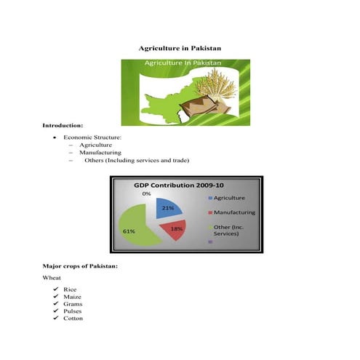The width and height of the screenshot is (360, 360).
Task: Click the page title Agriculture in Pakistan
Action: pyautogui.click(x=180, y=47)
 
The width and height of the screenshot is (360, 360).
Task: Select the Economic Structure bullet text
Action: pyautogui.click(x=92, y=137)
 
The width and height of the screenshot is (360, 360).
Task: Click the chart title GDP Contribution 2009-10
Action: pyautogui.click(x=179, y=185)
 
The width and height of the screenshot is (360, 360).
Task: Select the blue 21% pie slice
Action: pyautogui.click(x=167, y=209)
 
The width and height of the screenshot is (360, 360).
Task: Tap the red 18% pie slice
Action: pyautogui.click(x=175, y=228)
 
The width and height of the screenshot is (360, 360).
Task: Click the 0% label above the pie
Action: pyautogui.click(x=146, y=194)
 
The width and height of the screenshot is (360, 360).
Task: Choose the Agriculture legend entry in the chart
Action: pyautogui.click(x=229, y=198)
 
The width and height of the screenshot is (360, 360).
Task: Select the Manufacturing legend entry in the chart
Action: pyautogui.click(x=233, y=212)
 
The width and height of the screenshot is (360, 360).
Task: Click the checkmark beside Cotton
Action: pyautogui.click(x=55, y=319)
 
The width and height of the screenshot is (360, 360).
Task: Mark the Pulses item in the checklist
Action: pyautogui.click(x=72, y=311)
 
